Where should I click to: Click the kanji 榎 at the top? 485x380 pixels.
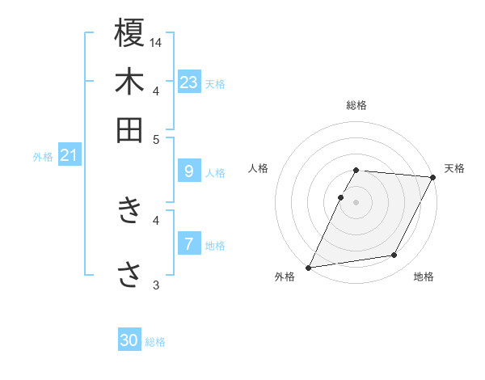click(x=129, y=34)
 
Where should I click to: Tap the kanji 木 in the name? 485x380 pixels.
click(x=129, y=82)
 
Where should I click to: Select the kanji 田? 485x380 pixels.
click(x=129, y=130)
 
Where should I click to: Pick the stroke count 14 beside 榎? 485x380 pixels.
click(x=156, y=42)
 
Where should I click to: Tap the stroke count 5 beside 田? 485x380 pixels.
click(x=156, y=139)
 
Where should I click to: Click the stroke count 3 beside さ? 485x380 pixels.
click(x=156, y=284)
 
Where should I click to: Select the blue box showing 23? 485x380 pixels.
click(x=188, y=82)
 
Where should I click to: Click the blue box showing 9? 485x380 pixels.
click(x=188, y=171)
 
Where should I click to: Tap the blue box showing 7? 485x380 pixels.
click(x=188, y=244)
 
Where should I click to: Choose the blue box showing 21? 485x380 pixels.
click(x=69, y=155)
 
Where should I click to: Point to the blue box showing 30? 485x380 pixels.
click(x=129, y=340)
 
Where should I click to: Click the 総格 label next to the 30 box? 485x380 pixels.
click(x=155, y=342)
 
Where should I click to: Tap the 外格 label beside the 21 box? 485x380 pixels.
click(x=43, y=157)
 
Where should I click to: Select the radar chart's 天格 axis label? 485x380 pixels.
click(x=454, y=168)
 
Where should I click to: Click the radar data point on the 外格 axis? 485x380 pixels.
click(x=309, y=268)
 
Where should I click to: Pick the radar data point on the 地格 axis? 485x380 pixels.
click(x=394, y=255)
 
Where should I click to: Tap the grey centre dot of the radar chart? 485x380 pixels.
click(x=356, y=202)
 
